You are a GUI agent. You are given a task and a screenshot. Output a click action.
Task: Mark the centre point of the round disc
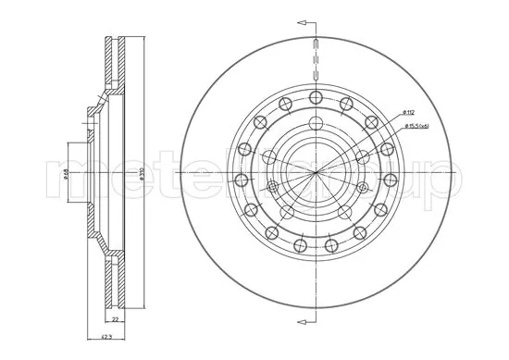(316, 173)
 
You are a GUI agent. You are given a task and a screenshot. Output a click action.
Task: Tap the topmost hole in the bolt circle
(316, 97)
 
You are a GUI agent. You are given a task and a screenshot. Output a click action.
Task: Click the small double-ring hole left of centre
(272, 188)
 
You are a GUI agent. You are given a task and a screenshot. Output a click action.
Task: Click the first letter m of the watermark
(67, 180)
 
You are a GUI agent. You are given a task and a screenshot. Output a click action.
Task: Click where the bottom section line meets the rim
(316, 308)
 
